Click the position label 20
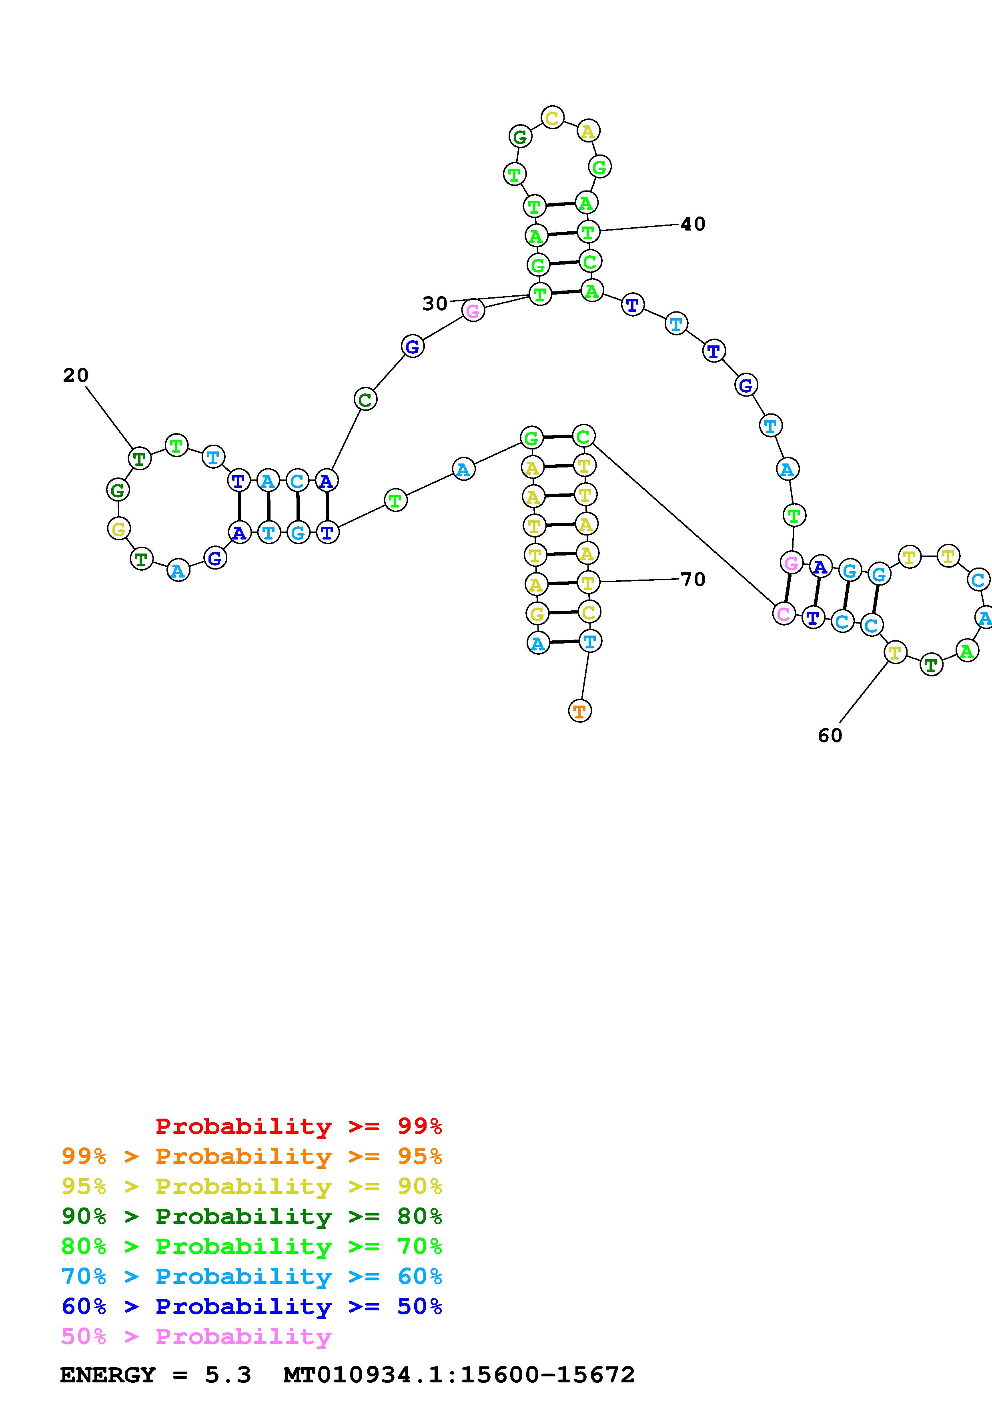point(76,375)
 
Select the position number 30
point(435,303)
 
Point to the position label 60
point(830,735)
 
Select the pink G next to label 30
point(473,311)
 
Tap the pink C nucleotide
point(784,613)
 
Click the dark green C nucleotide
point(365,400)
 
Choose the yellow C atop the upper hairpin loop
point(552,117)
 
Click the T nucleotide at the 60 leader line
point(895,652)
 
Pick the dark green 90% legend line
point(252,1216)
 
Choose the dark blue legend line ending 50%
point(252,1306)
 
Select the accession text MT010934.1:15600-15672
point(459,1375)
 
